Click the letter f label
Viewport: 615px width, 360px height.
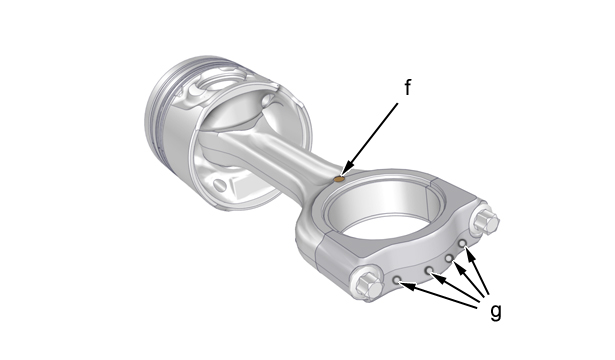(x=408, y=87)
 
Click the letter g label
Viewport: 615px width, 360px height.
(x=496, y=312)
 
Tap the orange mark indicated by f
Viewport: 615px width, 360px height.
(x=339, y=179)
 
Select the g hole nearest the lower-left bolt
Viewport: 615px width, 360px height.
(x=397, y=279)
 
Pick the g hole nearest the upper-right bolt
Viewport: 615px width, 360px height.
(x=462, y=244)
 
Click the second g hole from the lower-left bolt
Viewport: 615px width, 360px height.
(x=430, y=270)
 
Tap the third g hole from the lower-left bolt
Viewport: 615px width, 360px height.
(x=449, y=258)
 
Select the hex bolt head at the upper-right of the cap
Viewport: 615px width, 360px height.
(x=486, y=222)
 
